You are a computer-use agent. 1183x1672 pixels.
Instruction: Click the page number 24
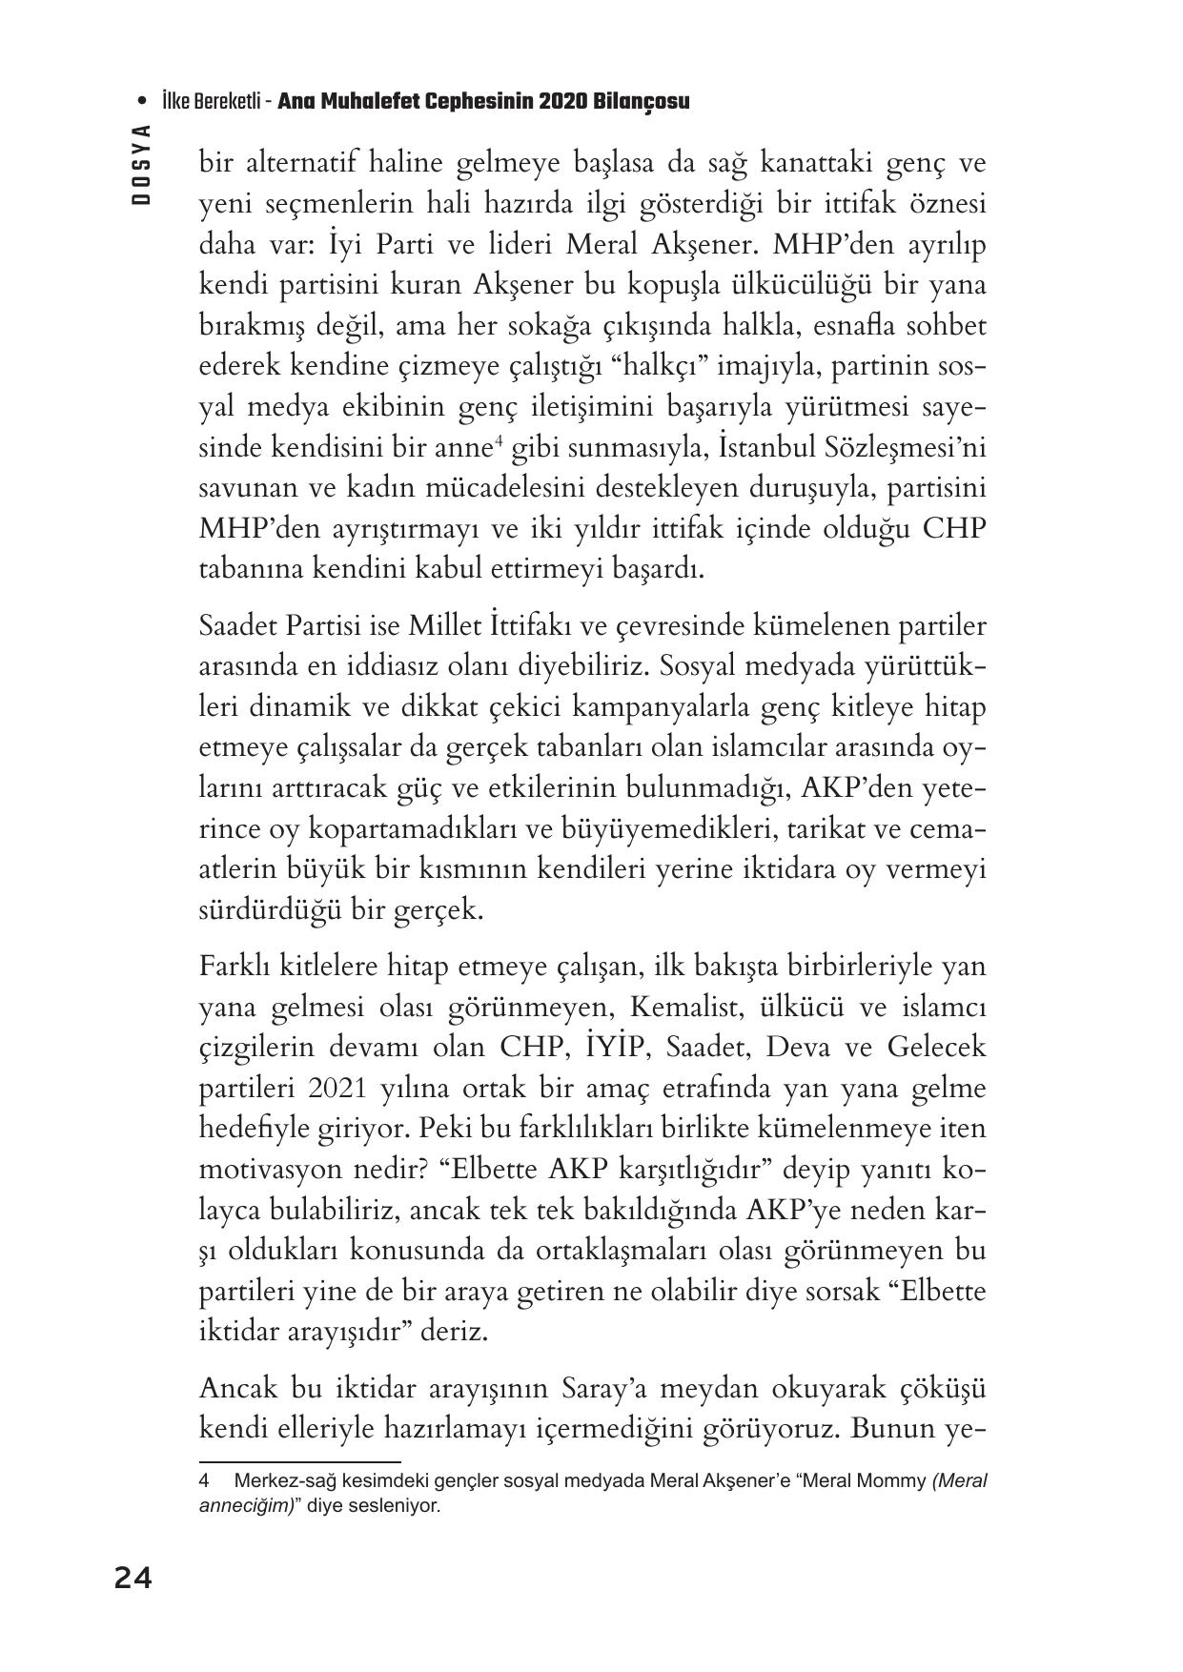click(133, 1580)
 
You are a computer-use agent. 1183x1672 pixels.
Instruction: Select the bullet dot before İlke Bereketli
click(142, 102)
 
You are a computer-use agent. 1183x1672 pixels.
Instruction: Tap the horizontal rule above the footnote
click(299, 1461)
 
